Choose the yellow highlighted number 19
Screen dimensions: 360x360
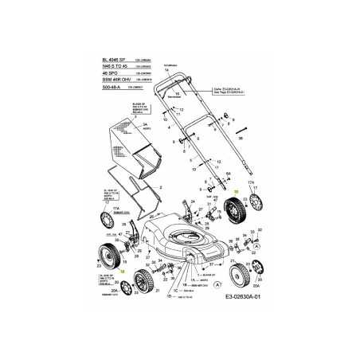123,273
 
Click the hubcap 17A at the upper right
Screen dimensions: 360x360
253,218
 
